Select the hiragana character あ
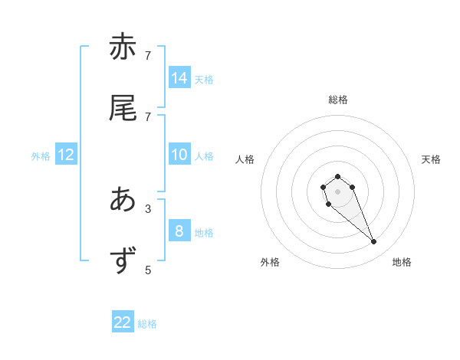123,200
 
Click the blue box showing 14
179,77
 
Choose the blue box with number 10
179,155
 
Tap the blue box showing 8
179,231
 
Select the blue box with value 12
66,155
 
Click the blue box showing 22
123,322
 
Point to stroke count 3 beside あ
148,208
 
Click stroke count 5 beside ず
148,270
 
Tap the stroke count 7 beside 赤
148,55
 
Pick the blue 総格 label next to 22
147,324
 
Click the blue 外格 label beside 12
41,156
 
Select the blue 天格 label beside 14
203,79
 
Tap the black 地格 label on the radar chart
402,262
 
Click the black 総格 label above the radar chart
338,100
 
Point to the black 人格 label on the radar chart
245,159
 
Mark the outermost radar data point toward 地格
374,242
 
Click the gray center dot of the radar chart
337,191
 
